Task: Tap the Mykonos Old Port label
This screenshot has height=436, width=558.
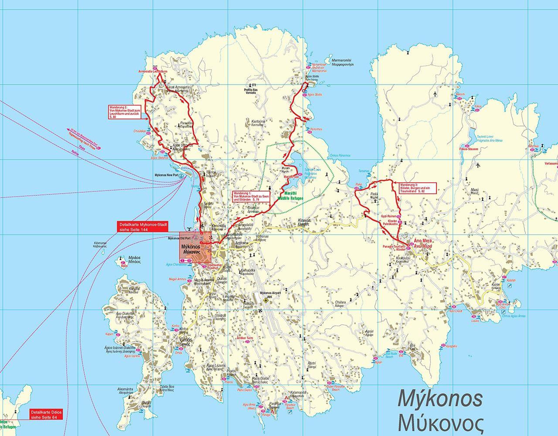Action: (180, 238)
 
